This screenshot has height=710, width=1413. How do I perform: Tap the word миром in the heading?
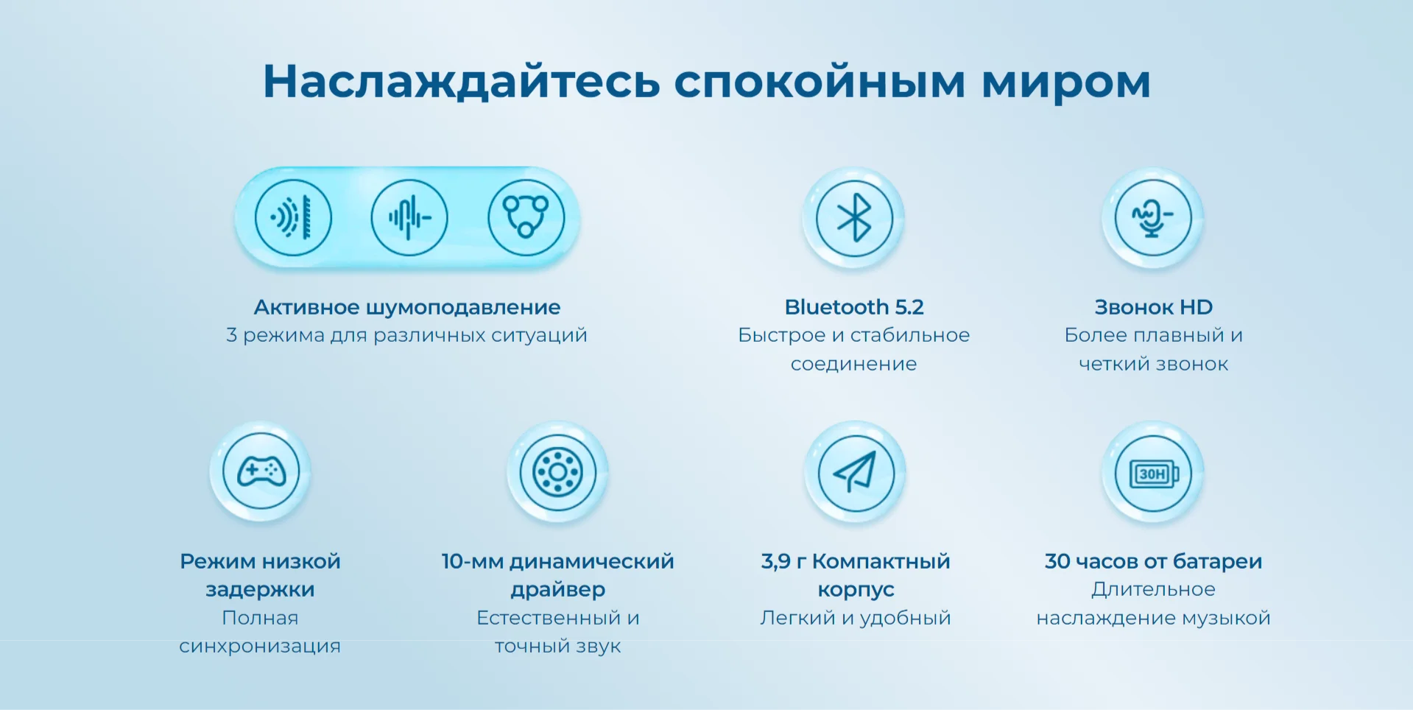(x=1065, y=82)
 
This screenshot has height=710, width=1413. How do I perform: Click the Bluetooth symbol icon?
(x=854, y=218)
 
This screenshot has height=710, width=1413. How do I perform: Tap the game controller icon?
(x=261, y=471)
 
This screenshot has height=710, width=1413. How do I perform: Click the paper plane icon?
(x=856, y=471)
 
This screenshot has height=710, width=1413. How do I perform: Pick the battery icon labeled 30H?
(x=1153, y=472)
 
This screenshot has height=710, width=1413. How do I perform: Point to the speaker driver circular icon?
(x=557, y=472)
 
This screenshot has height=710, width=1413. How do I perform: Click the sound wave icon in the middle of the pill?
(x=409, y=218)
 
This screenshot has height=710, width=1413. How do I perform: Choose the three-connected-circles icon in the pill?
(x=526, y=218)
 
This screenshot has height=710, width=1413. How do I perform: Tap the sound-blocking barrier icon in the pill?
(x=293, y=218)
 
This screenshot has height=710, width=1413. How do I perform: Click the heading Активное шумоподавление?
(x=407, y=307)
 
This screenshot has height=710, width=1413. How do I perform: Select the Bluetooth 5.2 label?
(x=854, y=306)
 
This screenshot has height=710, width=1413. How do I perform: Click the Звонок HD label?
(x=1154, y=306)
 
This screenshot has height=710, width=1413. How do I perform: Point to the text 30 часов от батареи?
(x=1153, y=561)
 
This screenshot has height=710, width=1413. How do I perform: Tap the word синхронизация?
(x=260, y=646)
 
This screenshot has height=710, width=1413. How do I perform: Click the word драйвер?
(x=558, y=590)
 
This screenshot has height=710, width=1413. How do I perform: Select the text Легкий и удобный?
(x=856, y=618)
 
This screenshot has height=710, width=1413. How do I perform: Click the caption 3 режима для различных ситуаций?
(x=406, y=335)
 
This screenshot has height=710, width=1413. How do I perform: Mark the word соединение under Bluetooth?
(x=854, y=364)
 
